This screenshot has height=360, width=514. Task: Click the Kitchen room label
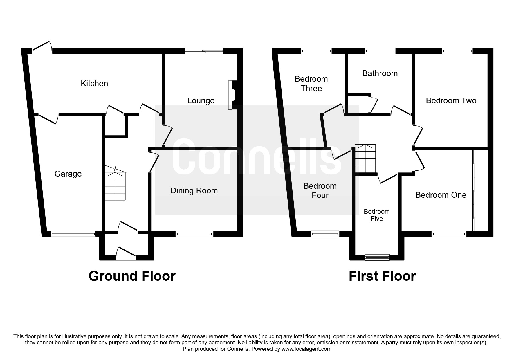94,84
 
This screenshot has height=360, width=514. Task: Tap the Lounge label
201,101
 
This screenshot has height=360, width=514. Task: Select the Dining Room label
194,191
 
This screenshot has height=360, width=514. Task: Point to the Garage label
68,174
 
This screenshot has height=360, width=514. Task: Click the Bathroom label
380,73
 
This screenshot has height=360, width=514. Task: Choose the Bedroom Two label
451,101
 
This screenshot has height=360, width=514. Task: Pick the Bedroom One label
441,195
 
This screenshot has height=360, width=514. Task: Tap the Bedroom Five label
377,215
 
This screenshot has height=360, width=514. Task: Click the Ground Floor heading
132,276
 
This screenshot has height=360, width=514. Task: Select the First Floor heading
382,276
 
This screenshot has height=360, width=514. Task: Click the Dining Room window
194,234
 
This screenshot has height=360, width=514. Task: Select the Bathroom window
380,51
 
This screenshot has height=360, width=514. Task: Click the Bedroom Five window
377,257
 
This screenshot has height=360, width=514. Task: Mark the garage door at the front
73,234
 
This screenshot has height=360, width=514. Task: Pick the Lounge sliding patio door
204,51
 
